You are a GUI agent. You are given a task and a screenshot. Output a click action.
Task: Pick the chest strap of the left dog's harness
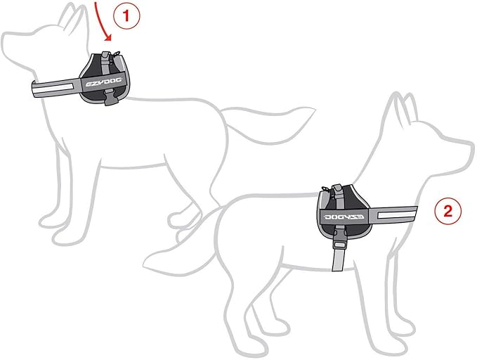click(56, 89)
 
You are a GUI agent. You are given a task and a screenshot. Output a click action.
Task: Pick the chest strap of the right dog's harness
click(393, 212)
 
